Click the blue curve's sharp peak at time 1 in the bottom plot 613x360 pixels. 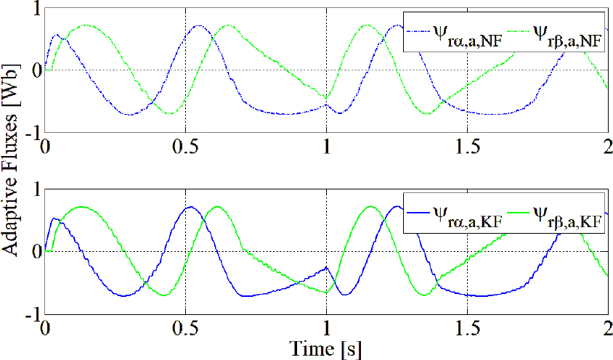tap(326, 267)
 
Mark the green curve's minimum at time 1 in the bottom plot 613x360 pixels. tap(326, 292)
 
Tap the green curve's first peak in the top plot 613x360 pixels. tap(87, 25)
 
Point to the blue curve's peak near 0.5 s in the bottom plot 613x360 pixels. tap(190, 207)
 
